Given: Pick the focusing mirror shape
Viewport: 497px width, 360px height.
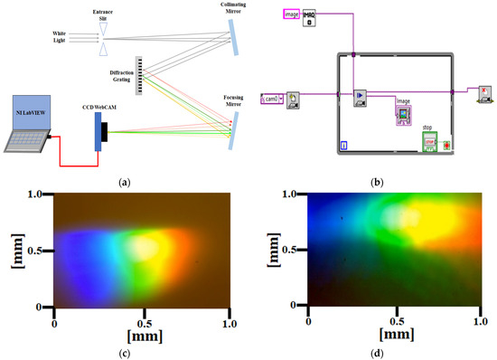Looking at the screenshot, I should click(x=233, y=137).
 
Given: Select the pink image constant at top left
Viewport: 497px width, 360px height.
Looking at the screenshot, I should click(x=290, y=14).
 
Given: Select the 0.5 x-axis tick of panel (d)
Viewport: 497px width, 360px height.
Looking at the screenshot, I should click(x=394, y=322).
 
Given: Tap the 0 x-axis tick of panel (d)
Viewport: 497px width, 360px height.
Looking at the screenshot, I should click(x=309, y=322).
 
